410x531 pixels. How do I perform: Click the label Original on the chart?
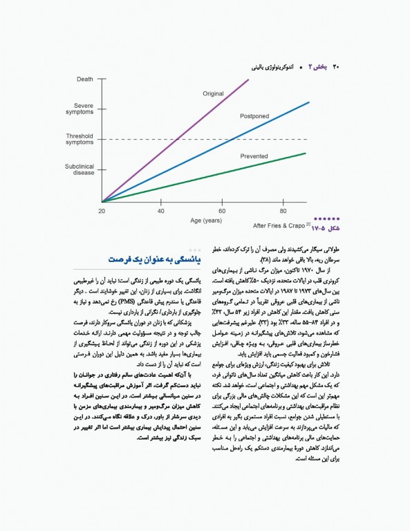pyautogui.click(x=213, y=93)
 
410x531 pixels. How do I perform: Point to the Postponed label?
pyautogui.click(x=254, y=116)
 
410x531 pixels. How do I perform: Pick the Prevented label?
pyautogui.click(x=254, y=157)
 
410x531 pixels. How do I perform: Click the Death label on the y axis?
pyautogui.click(x=85, y=79)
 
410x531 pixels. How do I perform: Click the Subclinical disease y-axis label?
pyautogui.click(x=80, y=169)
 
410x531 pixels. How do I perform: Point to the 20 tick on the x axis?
pyautogui.click(x=102, y=210)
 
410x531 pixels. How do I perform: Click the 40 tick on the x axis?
pyautogui.click(x=161, y=210)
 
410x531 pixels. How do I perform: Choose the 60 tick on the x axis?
pyautogui.click(x=223, y=210)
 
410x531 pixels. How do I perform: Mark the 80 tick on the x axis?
pyautogui.click(x=283, y=210)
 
